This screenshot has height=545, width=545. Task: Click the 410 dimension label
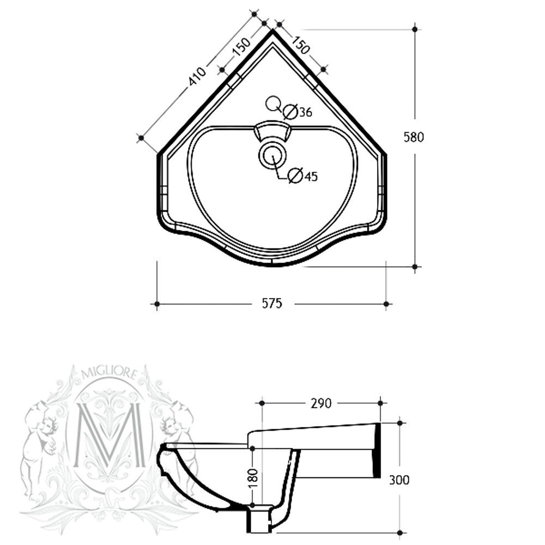[x=197, y=77]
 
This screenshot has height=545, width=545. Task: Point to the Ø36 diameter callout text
[x=298, y=112]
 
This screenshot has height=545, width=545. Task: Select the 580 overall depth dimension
[x=413, y=137]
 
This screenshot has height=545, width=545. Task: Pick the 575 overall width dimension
[x=271, y=304]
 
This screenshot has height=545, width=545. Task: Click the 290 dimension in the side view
[x=321, y=403]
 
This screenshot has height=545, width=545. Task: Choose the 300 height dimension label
[x=399, y=480]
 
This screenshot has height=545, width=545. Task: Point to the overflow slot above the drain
[x=271, y=131]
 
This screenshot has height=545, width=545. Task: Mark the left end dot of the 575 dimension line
[x=157, y=304]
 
